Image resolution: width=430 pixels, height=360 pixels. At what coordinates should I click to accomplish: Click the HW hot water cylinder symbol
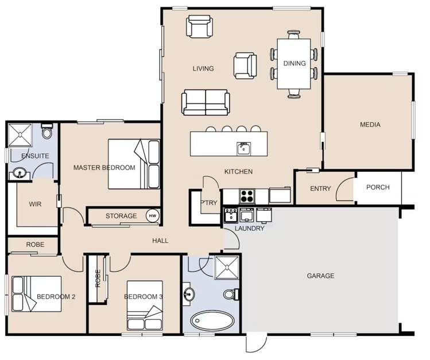(152, 216)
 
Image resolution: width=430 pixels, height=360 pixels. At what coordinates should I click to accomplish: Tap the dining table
(293, 63)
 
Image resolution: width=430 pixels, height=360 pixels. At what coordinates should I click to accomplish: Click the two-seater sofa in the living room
(206, 103)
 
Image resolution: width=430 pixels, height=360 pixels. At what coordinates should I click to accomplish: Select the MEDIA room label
(370, 125)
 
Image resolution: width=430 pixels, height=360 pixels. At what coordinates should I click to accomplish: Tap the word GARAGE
(320, 276)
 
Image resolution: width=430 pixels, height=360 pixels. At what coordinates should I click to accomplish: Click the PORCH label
(378, 187)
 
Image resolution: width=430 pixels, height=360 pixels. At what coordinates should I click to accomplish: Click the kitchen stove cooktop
(247, 196)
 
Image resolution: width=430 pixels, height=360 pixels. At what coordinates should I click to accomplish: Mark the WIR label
(34, 204)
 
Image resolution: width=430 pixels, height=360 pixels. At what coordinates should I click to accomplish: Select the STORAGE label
(121, 216)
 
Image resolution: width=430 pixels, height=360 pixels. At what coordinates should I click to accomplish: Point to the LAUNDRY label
(250, 229)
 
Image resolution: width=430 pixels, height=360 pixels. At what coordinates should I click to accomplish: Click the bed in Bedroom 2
(36, 294)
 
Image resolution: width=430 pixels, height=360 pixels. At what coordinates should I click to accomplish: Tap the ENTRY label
(320, 189)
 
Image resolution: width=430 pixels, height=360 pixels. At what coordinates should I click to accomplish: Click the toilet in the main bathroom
(230, 295)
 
